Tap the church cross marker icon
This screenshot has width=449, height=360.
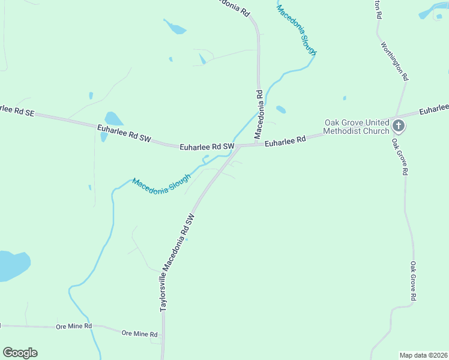(x=399, y=126)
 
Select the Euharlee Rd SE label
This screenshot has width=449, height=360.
(x=17, y=110)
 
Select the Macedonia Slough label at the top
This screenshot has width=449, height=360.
(x=297, y=31)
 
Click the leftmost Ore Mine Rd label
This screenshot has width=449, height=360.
(x=73, y=326)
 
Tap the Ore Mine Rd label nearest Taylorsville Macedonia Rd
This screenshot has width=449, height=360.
(x=139, y=334)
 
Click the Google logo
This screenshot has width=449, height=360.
(x=20, y=353)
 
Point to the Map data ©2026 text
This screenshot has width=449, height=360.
(x=423, y=355)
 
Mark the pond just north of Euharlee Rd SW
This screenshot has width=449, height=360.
(x=113, y=119)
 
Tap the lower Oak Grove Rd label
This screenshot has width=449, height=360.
(x=413, y=281)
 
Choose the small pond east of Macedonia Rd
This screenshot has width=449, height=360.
(x=280, y=109)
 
